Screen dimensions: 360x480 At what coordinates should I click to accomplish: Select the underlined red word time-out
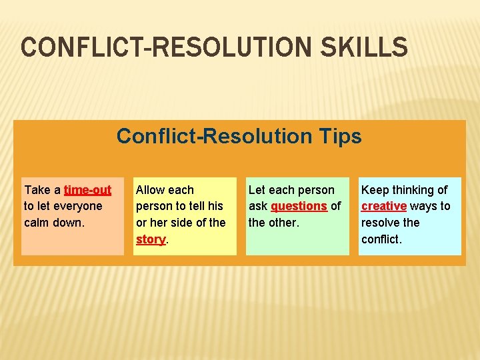point(87,190)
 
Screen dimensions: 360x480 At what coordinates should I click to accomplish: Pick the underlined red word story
point(150,239)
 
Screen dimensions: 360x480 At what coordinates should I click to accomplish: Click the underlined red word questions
point(299,206)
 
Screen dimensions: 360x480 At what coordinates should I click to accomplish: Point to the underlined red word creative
point(383,206)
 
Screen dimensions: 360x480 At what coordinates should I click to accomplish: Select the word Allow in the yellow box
point(151,190)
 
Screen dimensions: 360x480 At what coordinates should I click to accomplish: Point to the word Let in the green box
point(257,190)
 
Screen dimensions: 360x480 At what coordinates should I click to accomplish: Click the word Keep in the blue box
point(375,190)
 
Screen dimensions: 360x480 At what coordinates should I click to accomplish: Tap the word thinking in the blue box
point(413,190)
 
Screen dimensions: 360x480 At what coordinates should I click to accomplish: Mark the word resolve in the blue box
point(381,223)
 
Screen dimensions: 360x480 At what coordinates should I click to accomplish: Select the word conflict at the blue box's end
point(381,239)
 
